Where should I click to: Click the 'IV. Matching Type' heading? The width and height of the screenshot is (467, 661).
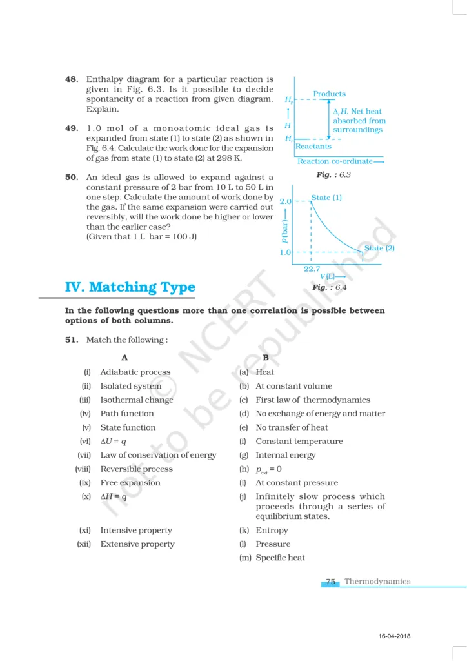coord(130,287)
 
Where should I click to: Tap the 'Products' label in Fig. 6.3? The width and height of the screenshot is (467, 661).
coord(329,94)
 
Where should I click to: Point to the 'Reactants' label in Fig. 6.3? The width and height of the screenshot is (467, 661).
coord(313,147)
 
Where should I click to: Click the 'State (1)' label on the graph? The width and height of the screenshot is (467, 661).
coord(326,198)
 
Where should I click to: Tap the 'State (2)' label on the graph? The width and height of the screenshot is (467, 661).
coord(379,248)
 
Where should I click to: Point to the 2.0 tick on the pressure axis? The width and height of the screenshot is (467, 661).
coord(286,201)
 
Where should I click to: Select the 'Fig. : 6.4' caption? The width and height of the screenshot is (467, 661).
coord(329,288)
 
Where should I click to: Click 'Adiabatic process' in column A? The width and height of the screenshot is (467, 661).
coord(135,372)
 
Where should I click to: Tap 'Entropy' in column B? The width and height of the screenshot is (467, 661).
coord(272,530)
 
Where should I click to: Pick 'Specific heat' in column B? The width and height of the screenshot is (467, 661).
coord(280,558)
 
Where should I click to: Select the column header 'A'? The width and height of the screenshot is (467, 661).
coord(124,358)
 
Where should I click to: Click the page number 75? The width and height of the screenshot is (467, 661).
coord(331,582)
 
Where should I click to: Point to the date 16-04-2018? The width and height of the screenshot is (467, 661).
coord(394,637)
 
